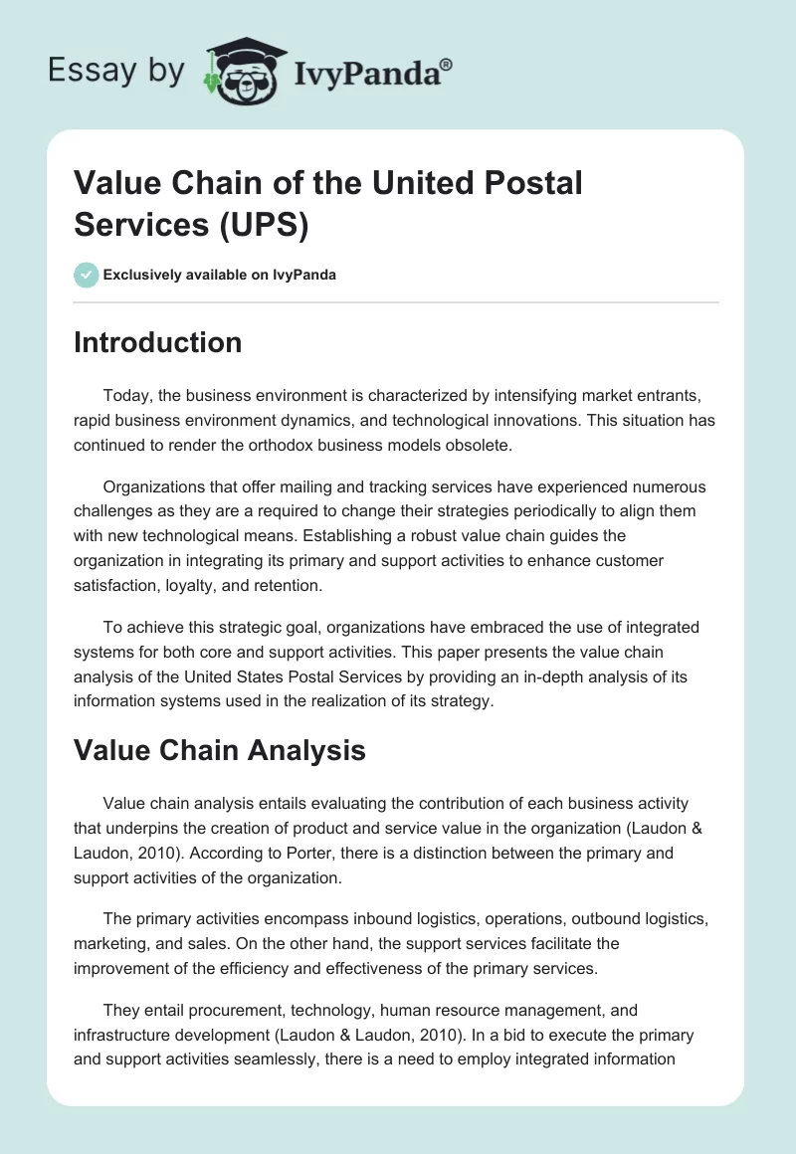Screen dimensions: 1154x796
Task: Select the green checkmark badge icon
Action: click(x=87, y=274)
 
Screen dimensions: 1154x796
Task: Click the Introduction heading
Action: click(x=158, y=342)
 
